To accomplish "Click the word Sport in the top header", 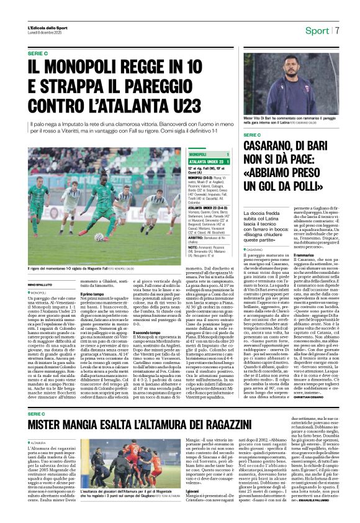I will click(x=317, y=30).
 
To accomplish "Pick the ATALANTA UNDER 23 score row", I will click(x=209, y=161).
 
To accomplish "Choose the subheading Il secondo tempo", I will click(x=146, y=333).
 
